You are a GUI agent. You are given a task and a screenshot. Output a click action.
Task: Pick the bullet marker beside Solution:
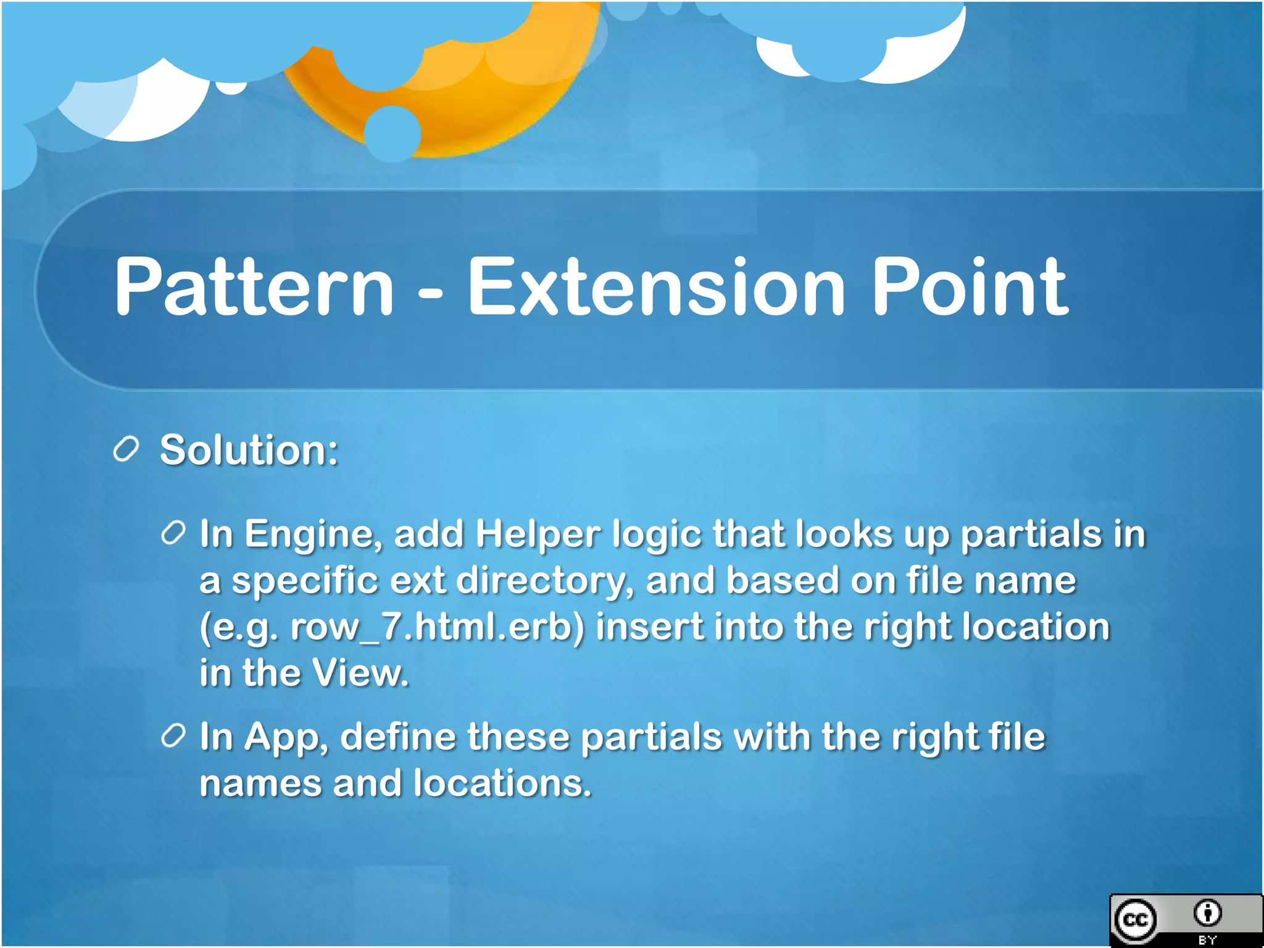[x=126, y=449]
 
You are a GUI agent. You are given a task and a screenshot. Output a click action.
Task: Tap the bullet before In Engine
[x=173, y=533]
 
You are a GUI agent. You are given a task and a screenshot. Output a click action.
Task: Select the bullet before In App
[x=173, y=736]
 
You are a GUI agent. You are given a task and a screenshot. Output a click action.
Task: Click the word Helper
[x=537, y=534]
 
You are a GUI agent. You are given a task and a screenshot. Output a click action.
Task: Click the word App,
[x=286, y=738]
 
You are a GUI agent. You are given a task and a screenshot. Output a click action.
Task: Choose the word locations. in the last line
[x=502, y=784]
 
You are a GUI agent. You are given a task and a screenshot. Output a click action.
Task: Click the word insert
[x=649, y=627]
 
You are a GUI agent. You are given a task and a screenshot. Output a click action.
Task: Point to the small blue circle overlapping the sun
[x=393, y=133]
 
